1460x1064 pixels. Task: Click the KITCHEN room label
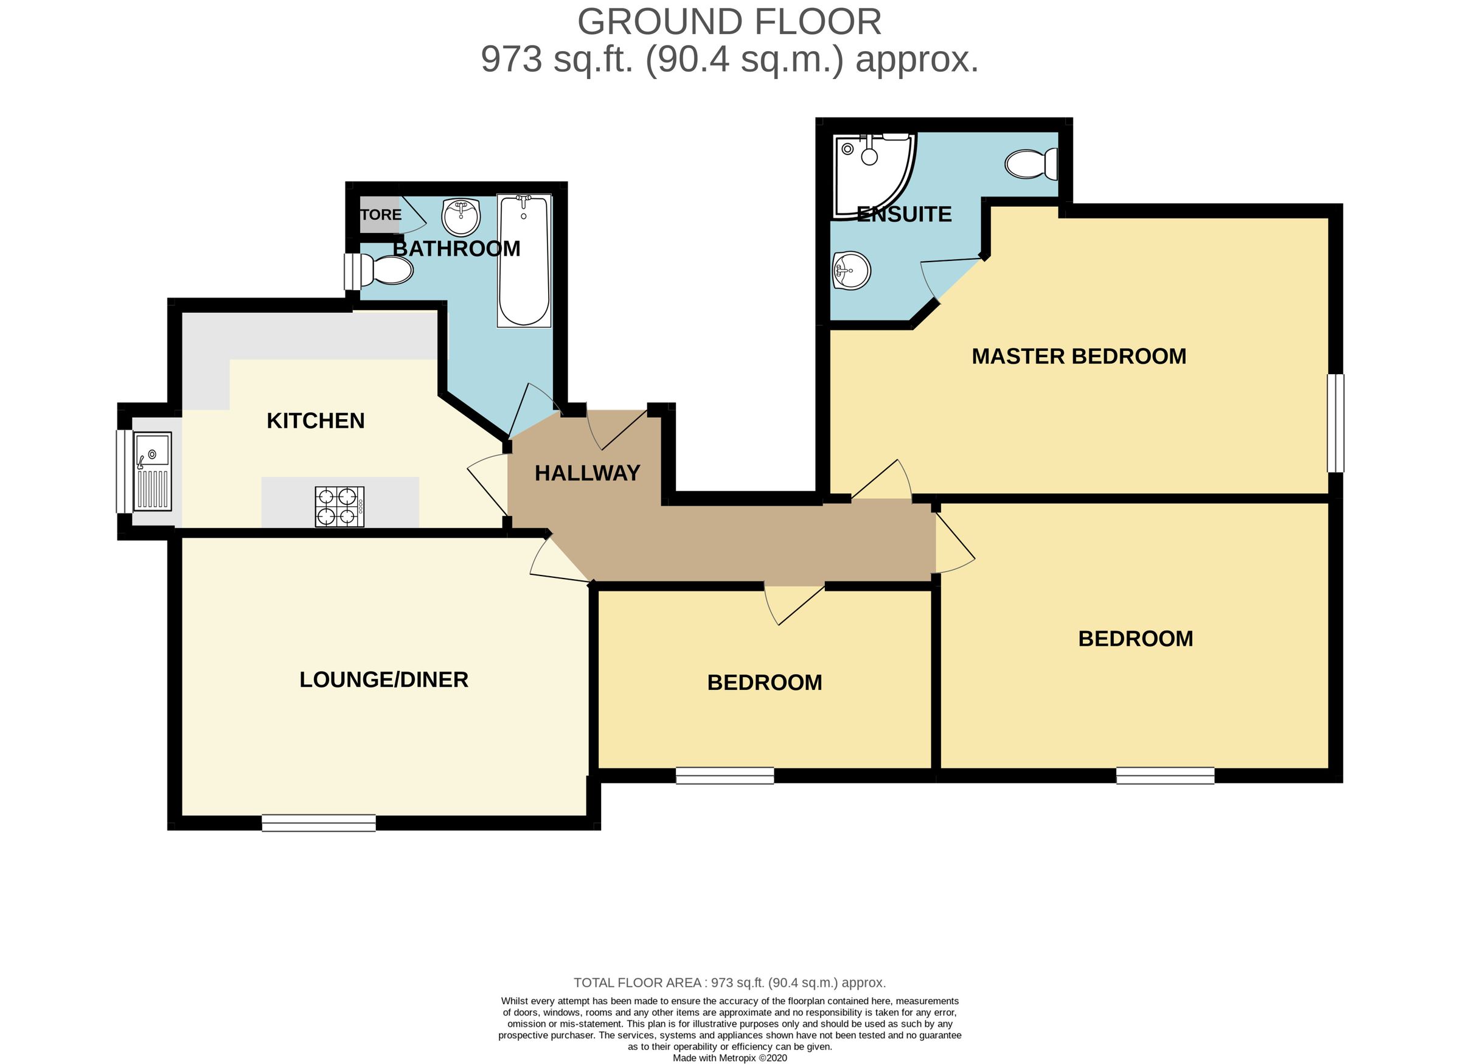[316, 420]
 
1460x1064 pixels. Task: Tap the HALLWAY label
[588, 473]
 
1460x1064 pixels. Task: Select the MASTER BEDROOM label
[1079, 356]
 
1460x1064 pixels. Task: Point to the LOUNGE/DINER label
[384, 680]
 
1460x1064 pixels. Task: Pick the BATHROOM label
[457, 249]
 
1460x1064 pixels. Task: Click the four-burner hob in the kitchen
[339, 506]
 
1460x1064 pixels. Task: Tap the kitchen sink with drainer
[153, 471]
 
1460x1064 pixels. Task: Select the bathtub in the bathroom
[524, 260]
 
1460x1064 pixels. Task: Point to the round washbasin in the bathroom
[461, 217]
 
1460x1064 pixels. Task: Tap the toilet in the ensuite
[1031, 164]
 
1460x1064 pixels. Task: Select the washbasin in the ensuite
[852, 271]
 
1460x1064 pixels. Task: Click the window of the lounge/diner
[319, 822]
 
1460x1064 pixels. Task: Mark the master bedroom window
[1337, 423]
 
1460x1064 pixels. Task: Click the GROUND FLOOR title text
[729, 22]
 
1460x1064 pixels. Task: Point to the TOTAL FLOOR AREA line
[729, 983]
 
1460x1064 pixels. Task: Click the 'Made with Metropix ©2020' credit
[729, 1057]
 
